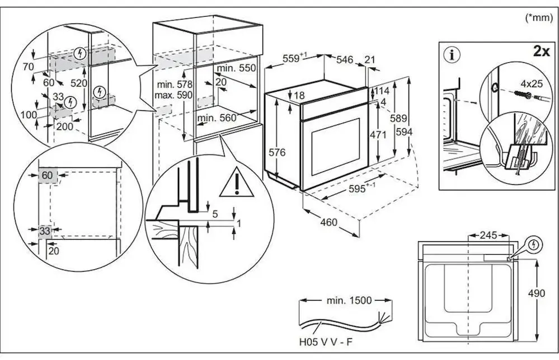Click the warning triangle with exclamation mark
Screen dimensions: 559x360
tap(236, 184)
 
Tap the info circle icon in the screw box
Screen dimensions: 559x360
tap(453, 55)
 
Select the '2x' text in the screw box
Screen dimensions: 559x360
tap(541, 52)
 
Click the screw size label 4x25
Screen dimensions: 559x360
tap(532, 84)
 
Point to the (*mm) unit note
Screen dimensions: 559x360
tap(539, 18)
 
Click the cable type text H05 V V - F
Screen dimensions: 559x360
tap(326, 342)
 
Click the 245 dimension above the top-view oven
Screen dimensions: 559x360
tap(488, 235)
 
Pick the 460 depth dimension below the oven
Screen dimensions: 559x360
tap(328, 222)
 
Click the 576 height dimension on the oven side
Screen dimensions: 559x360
tap(277, 152)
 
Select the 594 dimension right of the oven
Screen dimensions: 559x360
tap(404, 132)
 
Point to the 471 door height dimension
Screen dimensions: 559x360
tap(378, 135)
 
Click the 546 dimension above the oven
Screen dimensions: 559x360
tap(345, 59)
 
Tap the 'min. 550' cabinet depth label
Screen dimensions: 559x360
tap(236, 68)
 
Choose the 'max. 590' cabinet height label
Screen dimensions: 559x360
tap(173, 95)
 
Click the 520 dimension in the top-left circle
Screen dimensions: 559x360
tap(79, 83)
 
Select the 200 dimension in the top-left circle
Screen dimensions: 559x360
tap(64, 127)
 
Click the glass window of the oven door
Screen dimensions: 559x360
tap(336, 147)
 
